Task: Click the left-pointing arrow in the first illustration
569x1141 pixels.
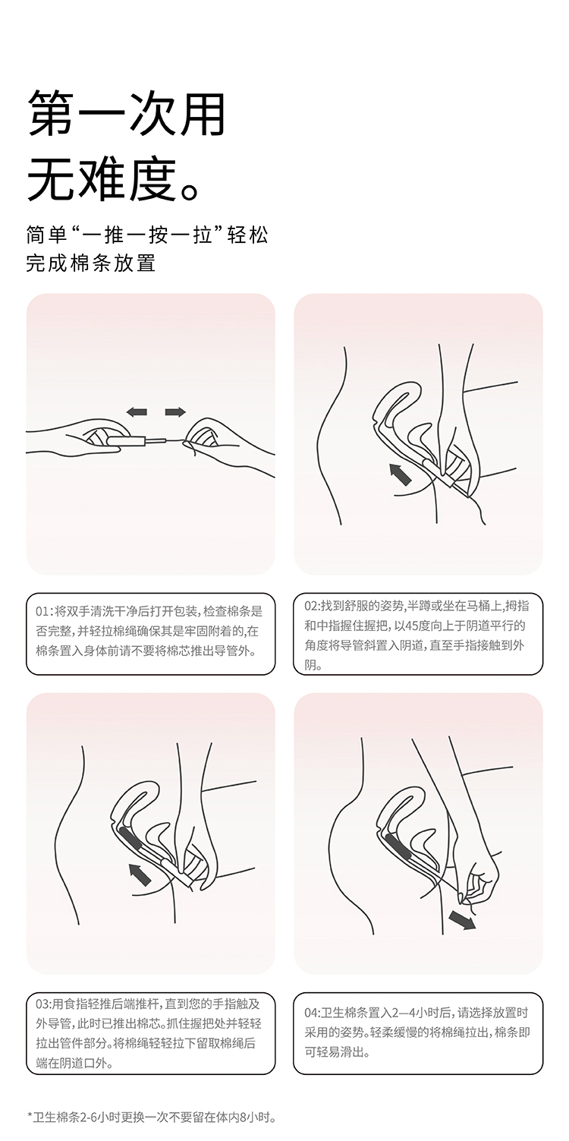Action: pos(137,412)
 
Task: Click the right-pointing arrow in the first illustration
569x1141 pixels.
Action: pos(175,412)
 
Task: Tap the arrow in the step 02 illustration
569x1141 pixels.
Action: pos(400,474)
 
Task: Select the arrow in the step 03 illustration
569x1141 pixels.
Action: pos(140,875)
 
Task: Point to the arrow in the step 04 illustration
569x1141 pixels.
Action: pos(462,920)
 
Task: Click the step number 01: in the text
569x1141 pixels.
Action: pos(44,611)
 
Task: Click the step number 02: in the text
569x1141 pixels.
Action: pos(313,606)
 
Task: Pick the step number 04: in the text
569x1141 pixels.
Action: pos(313,1013)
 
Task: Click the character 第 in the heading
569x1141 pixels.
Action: pos(50,114)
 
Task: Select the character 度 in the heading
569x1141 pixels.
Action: pos(152,178)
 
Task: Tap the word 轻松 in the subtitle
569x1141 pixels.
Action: pos(247,235)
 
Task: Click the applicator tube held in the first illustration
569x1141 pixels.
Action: pos(126,439)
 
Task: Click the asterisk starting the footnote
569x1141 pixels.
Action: pos(30,1117)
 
